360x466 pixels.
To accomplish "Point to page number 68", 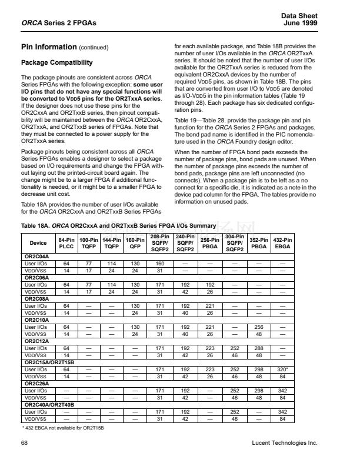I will (x=24, y=442).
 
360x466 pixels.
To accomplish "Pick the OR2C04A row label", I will (x=36, y=257).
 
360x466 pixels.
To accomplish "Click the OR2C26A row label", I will (x=36, y=384).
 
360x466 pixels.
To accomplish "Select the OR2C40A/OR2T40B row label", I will (x=49, y=405).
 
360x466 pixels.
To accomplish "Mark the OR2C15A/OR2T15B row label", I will (x=49, y=363).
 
